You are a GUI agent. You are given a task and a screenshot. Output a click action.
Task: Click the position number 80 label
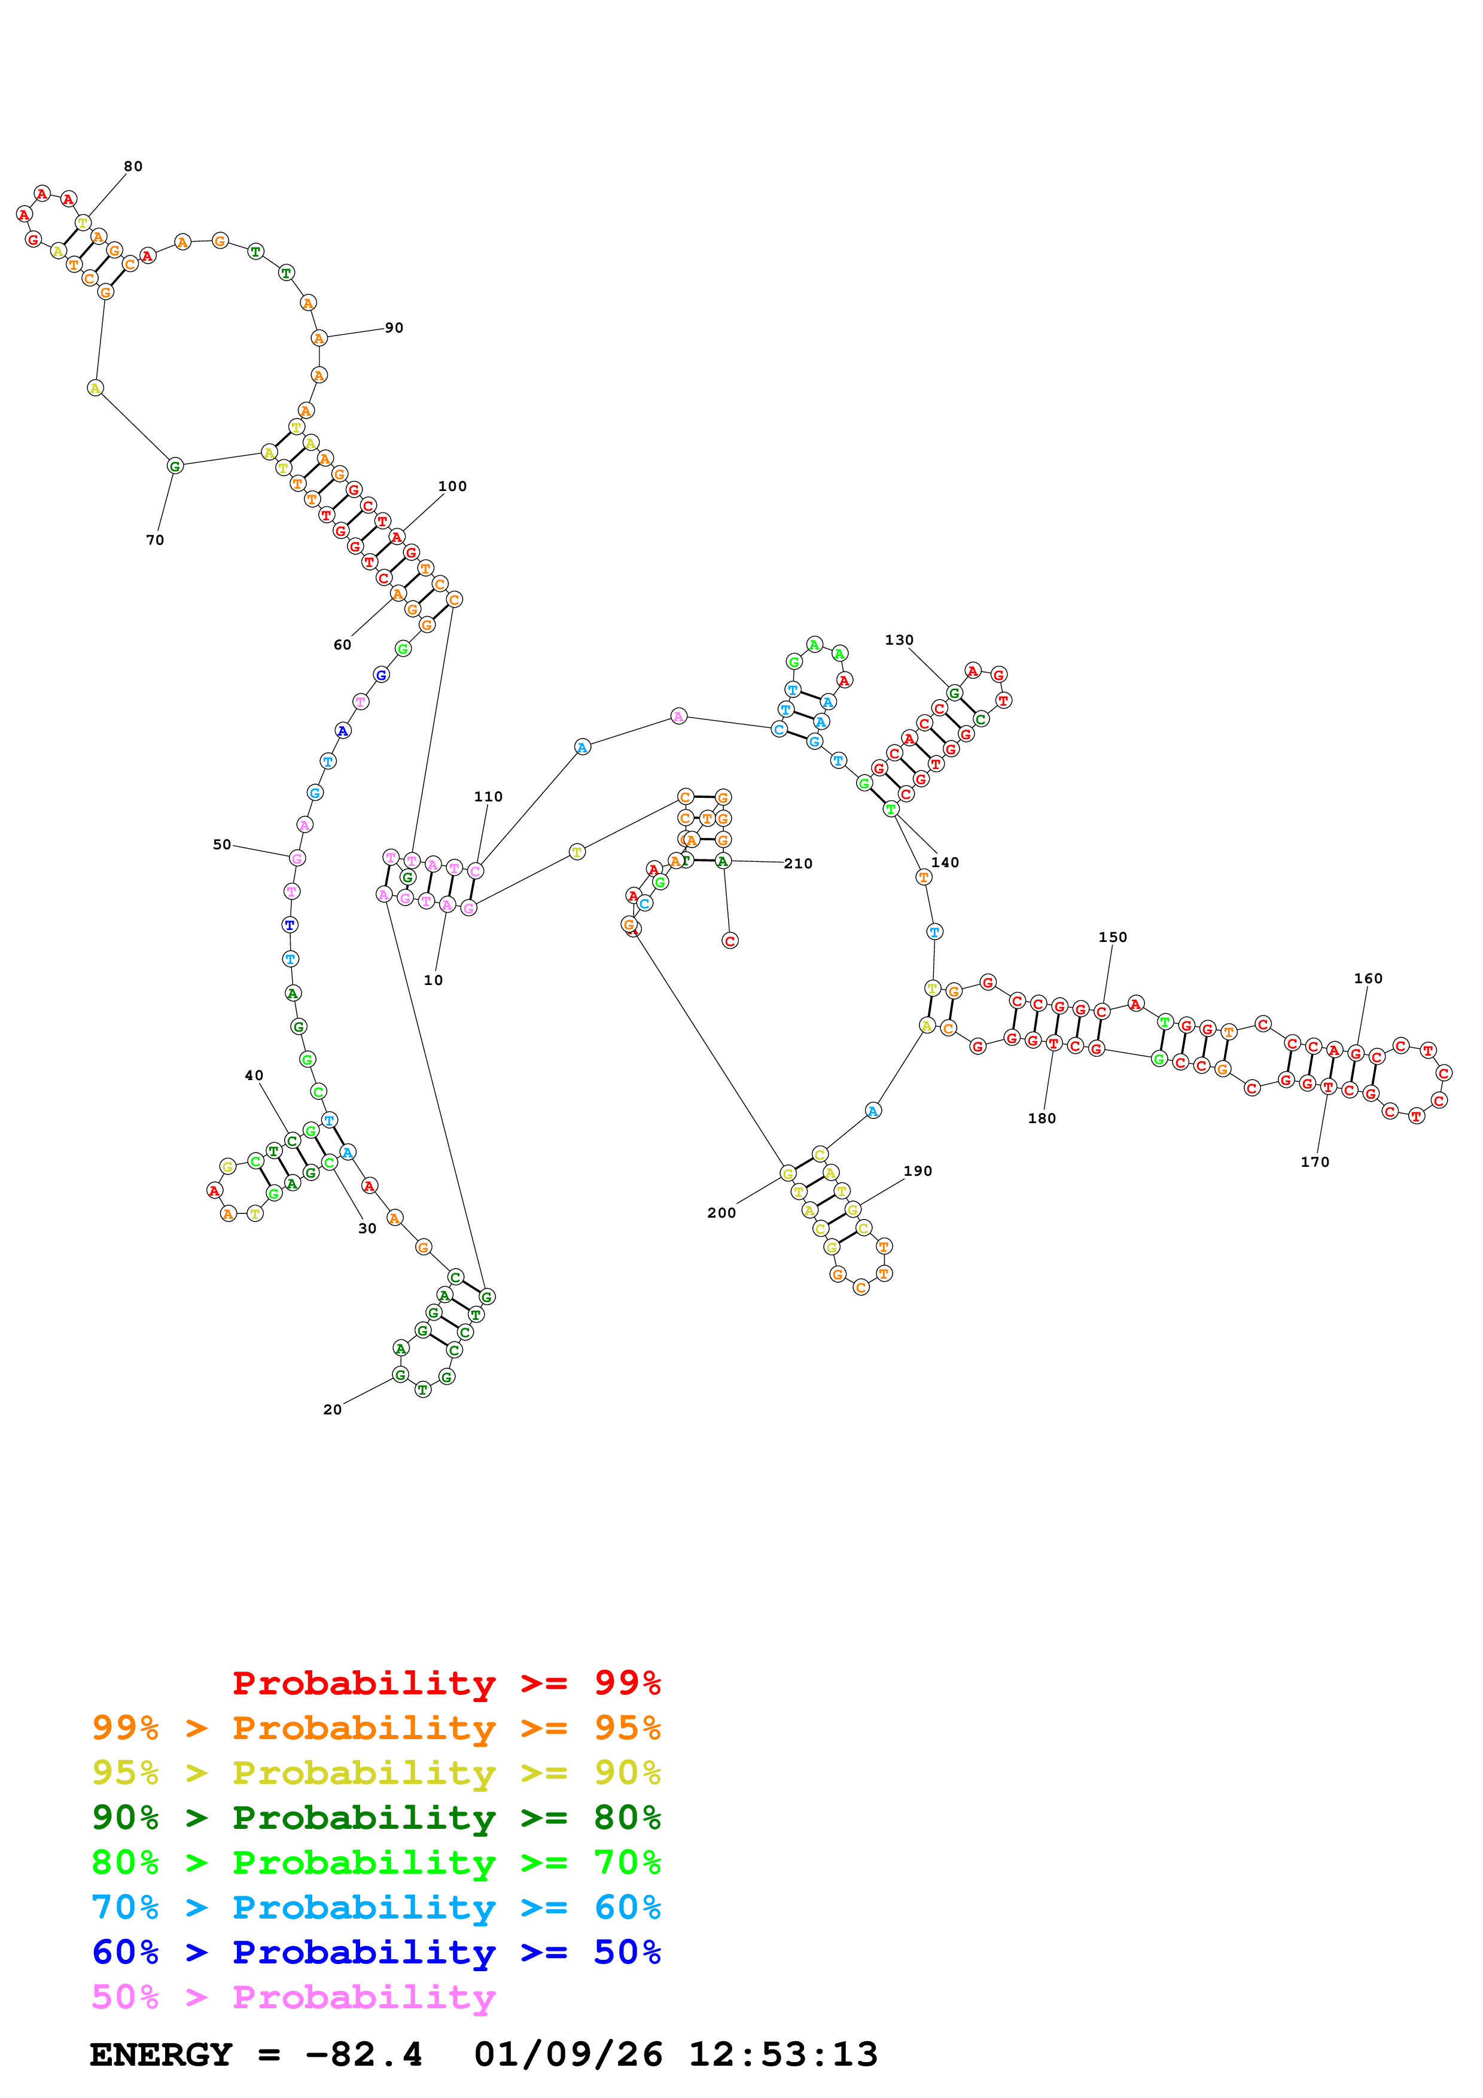pos(133,166)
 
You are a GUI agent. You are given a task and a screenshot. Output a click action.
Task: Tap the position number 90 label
pos(394,328)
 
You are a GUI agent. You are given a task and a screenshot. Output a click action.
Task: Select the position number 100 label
pos(452,486)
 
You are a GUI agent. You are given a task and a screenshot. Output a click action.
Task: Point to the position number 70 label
pos(156,540)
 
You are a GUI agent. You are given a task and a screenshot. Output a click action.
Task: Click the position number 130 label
pos(899,640)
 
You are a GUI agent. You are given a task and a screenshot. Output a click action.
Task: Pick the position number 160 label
pos(1368,978)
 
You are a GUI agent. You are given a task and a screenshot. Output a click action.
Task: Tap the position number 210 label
pos(797,864)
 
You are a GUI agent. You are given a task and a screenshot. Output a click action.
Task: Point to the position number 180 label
pos(1042,1118)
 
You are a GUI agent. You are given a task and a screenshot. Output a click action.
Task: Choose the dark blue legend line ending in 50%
pos(376,1952)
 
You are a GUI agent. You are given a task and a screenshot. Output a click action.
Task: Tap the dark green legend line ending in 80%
pos(376,1818)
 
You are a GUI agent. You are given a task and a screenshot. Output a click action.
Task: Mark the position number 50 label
pos(222,844)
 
